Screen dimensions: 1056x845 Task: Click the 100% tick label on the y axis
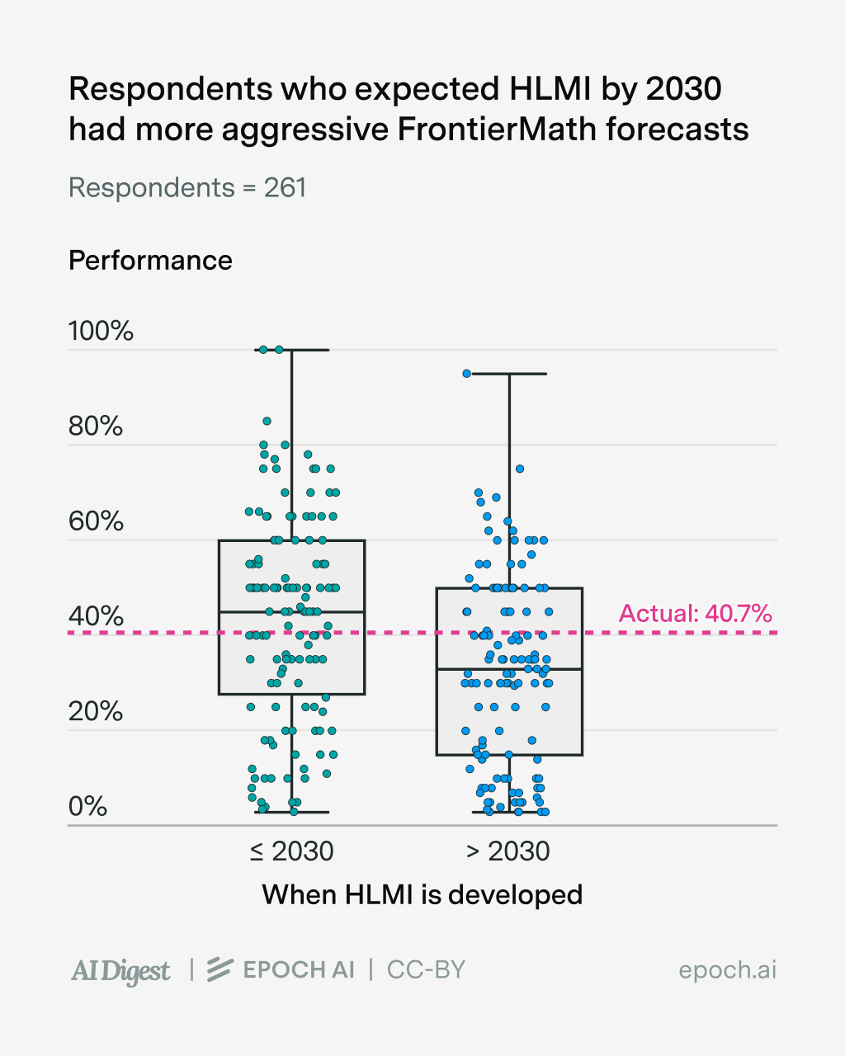(101, 331)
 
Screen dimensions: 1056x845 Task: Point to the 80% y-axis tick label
(96, 427)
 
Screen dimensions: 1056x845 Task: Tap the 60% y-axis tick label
(96, 521)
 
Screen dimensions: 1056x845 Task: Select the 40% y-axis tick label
(96, 616)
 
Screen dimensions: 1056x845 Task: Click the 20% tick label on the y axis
(96, 711)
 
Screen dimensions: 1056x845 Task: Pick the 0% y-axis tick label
(88, 806)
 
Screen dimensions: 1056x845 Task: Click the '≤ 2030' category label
(291, 851)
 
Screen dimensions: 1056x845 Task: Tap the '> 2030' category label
(508, 851)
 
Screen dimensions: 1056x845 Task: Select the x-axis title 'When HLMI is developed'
(422, 894)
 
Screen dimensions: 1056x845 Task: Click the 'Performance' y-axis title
(150, 261)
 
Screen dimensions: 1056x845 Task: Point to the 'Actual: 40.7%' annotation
(695, 614)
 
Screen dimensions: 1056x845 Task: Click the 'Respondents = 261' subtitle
(187, 188)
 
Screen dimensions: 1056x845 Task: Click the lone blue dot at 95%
(466, 374)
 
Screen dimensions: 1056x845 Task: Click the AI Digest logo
(120, 971)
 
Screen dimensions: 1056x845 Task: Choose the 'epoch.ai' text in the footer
(727, 970)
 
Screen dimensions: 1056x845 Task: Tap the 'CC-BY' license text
(426, 970)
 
